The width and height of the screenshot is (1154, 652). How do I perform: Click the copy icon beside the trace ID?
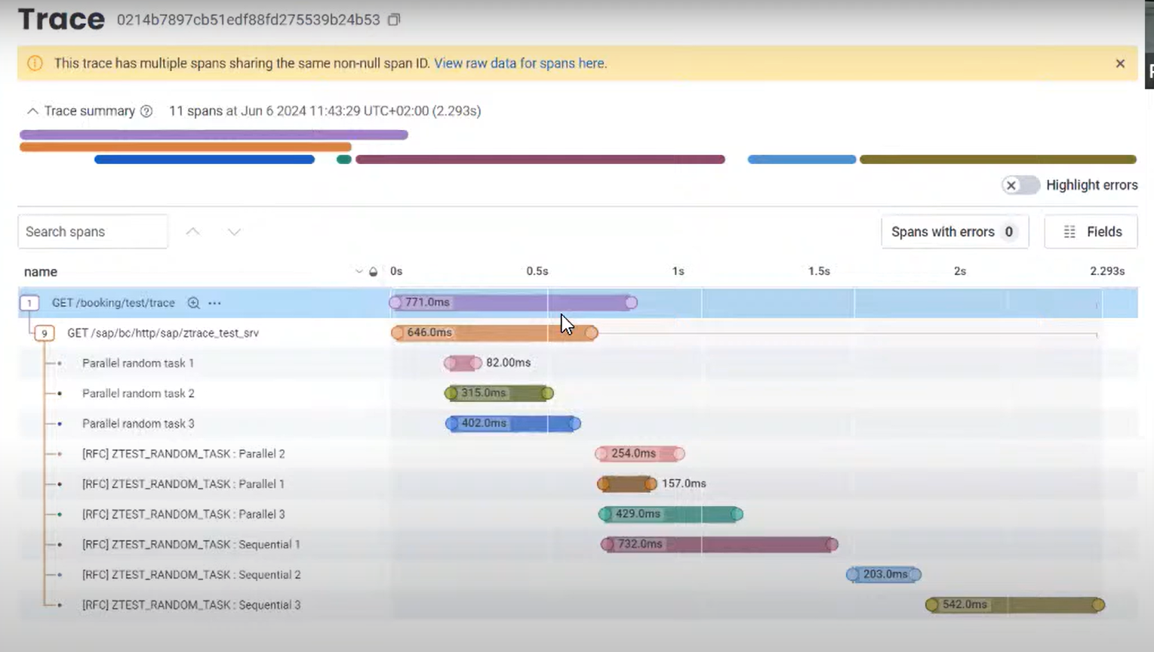(x=394, y=20)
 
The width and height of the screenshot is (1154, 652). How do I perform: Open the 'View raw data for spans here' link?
(x=520, y=63)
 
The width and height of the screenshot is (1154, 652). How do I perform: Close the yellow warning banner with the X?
(x=1120, y=63)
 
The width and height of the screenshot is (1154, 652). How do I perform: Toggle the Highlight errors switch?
(x=1020, y=185)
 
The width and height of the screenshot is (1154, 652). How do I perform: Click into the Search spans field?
(x=93, y=232)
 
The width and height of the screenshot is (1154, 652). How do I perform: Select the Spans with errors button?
(x=955, y=232)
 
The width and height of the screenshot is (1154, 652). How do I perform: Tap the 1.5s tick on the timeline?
(x=819, y=271)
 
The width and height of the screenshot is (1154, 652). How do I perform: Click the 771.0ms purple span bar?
(x=513, y=302)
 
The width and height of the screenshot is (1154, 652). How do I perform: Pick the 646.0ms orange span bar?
(x=494, y=332)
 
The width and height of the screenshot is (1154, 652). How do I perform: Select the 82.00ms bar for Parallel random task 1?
(x=463, y=363)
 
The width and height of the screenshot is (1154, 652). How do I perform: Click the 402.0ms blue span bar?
(x=513, y=424)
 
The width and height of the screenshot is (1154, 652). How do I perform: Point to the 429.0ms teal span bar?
(x=671, y=514)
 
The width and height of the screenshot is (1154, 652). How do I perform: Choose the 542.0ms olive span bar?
(x=1015, y=604)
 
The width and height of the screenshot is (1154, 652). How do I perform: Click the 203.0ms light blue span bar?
(x=884, y=574)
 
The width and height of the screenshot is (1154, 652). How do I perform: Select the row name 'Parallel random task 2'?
(x=138, y=394)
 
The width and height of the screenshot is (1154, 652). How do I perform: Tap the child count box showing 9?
(x=45, y=333)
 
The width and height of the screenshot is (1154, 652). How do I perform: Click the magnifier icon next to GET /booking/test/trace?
(x=193, y=303)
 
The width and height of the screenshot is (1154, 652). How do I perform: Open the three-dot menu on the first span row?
(x=214, y=303)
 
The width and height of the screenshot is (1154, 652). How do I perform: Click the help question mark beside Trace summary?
(x=146, y=111)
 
